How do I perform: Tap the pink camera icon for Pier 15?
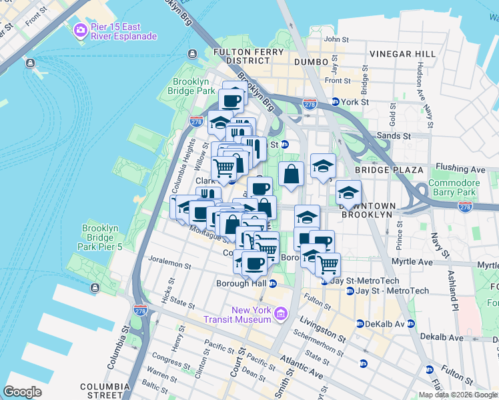[x=81, y=30]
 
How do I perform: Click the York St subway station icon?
[x=335, y=102]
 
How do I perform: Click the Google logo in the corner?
[x=22, y=392]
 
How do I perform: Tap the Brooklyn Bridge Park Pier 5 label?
[x=101, y=238]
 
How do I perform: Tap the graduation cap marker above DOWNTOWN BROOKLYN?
[x=348, y=193]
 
